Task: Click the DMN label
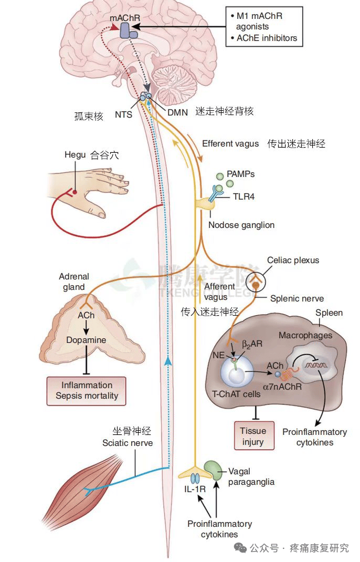tap(177, 112)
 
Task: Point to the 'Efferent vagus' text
tap(230, 143)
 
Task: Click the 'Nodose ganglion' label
tap(241, 225)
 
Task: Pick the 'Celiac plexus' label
tap(293, 260)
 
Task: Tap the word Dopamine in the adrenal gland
tap(86, 340)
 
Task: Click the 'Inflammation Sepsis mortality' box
tap(87, 390)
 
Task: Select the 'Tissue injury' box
tap(253, 436)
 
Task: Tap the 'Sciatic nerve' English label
tap(128, 443)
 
